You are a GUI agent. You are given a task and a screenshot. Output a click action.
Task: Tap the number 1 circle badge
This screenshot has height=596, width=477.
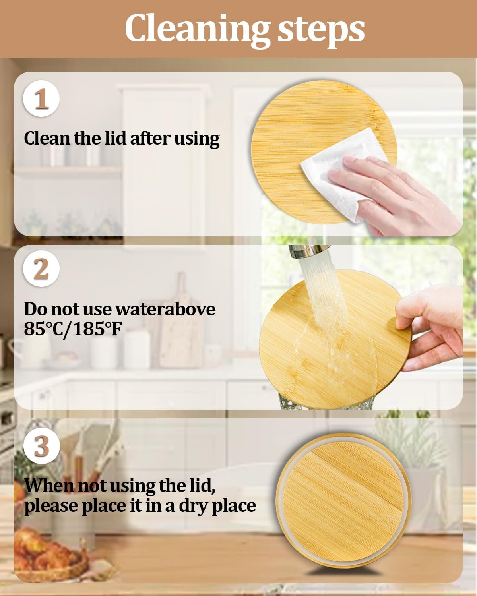click(x=41, y=98)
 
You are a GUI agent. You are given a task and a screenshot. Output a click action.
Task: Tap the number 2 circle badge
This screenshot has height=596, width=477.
click(x=41, y=269)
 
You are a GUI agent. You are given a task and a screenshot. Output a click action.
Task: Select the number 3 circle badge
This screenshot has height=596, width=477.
click(x=41, y=446)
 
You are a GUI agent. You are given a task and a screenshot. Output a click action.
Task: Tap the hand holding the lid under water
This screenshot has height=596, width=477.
click(x=429, y=330)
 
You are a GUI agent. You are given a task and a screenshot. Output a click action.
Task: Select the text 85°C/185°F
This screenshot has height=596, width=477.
click(x=73, y=329)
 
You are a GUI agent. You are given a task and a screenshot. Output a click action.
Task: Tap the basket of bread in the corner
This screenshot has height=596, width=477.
click(x=48, y=556)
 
